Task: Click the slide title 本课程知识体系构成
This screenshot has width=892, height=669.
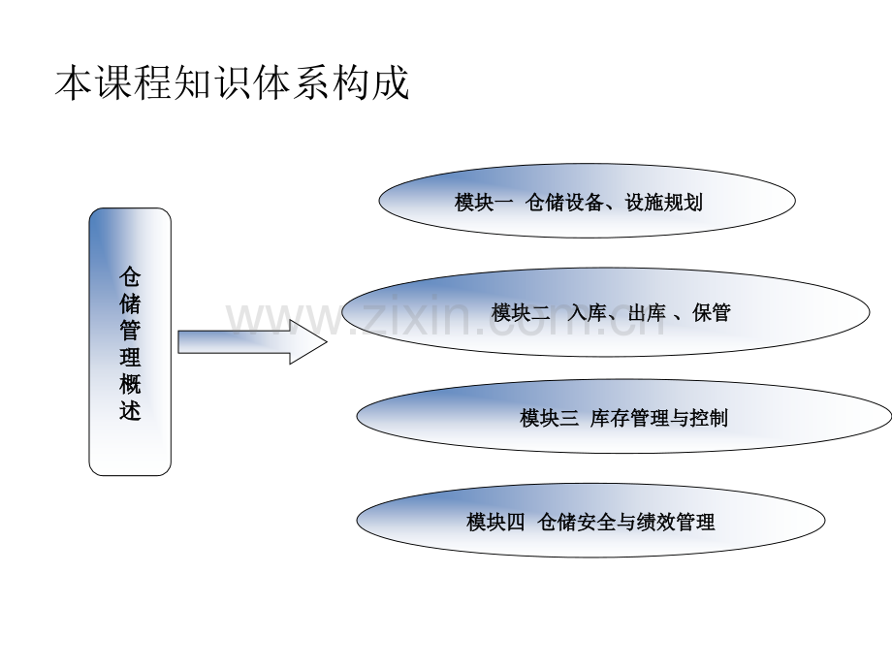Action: click(x=232, y=83)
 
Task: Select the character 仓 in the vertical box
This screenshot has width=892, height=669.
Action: click(x=130, y=276)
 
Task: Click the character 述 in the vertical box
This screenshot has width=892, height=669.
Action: click(x=130, y=410)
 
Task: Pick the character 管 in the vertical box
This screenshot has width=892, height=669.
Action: click(x=130, y=330)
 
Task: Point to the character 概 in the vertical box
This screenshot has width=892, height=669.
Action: click(x=130, y=383)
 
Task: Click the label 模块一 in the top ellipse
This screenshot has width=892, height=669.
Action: click(x=484, y=202)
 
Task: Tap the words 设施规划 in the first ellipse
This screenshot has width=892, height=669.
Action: click(x=663, y=202)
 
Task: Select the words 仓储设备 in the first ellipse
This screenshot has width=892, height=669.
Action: click(x=563, y=202)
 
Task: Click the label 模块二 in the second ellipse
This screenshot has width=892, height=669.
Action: click(x=521, y=312)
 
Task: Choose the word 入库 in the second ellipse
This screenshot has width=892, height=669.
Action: click(x=587, y=312)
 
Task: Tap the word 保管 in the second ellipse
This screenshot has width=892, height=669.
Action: click(x=711, y=312)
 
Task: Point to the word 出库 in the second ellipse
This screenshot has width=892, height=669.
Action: click(x=648, y=312)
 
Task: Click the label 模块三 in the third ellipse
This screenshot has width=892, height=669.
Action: click(x=549, y=418)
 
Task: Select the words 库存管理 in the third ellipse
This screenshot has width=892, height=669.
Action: click(x=629, y=418)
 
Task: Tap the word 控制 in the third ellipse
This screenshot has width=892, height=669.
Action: click(x=709, y=418)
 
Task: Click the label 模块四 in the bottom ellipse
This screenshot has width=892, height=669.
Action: click(x=495, y=522)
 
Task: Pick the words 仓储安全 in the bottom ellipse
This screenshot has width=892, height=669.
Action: click(x=576, y=522)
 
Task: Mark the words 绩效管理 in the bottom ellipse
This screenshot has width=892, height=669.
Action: click(x=676, y=522)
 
